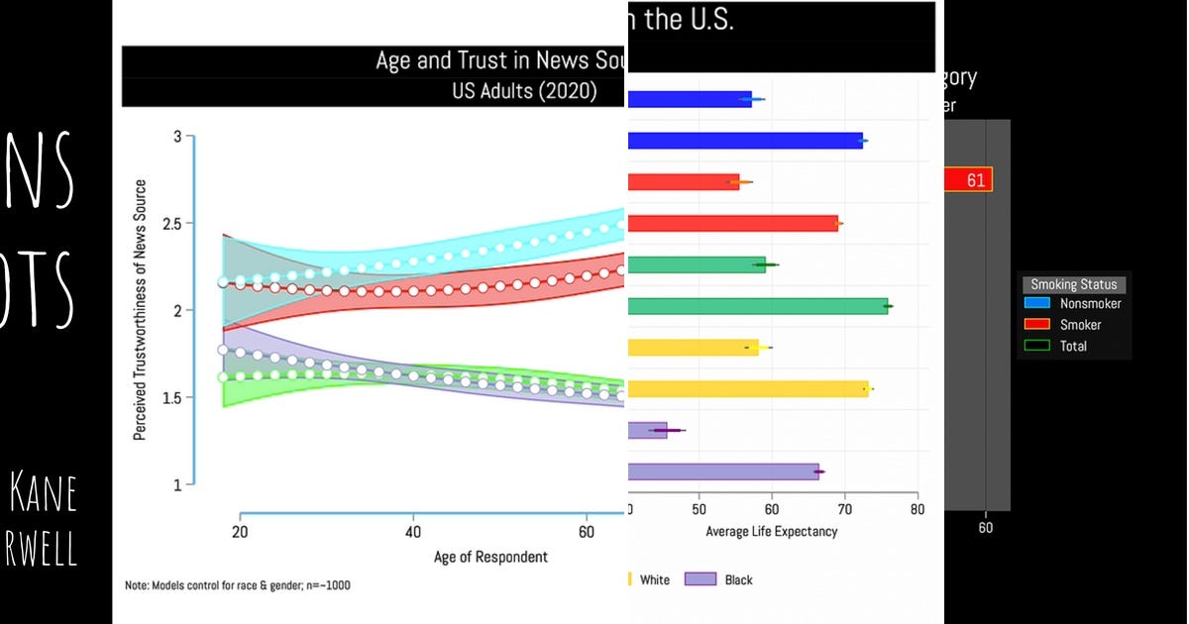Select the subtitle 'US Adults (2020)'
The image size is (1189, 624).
click(x=523, y=92)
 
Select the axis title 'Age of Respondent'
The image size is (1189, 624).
click(x=490, y=557)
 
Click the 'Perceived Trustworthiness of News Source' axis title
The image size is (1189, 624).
click(x=140, y=310)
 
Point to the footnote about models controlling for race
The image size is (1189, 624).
click(x=237, y=585)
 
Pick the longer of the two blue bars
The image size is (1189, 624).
click(x=745, y=142)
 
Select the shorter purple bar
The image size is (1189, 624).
click(x=648, y=430)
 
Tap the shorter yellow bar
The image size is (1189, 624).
click(x=694, y=348)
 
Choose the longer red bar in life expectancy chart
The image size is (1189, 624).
click(x=733, y=224)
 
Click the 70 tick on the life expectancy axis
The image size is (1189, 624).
click(x=844, y=510)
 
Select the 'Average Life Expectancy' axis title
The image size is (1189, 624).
click(x=771, y=532)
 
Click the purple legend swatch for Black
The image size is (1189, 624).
click(x=700, y=579)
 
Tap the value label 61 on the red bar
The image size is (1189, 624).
click(x=976, y=180)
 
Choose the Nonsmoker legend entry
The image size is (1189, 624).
click(x=1090, y=304)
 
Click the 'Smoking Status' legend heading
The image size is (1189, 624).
click(x=1073, y=284)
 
